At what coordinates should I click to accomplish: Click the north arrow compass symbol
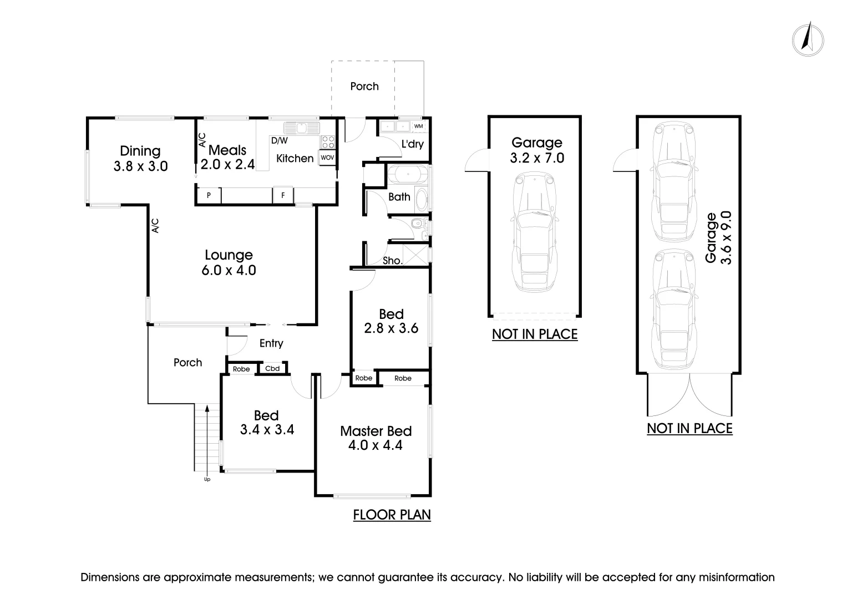[x=808, y=39]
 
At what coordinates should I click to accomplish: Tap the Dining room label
[x=140, y=151]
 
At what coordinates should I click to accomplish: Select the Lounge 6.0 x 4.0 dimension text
[x=229, y=271]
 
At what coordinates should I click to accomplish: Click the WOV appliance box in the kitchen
[x=327, y=158]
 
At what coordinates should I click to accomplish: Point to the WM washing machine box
[x=418, y=126]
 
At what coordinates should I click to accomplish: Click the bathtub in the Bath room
[x=408, y=174]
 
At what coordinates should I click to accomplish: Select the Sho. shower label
[x=393, y=260]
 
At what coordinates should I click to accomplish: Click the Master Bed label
[x=376, y=431]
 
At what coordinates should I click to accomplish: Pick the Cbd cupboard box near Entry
[x=272, y=369]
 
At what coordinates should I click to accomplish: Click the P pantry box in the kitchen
[x=209, y=195]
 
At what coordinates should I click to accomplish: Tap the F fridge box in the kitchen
[x=283, y=195]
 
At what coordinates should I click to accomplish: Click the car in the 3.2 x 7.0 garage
[x=534, y=233]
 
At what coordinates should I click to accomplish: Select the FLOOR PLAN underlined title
[x=392, y=515]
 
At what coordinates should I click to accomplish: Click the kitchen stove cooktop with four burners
[x=328, y=141]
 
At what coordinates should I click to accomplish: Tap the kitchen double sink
[x=302, y=128]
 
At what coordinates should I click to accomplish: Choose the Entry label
[x=271, y=343]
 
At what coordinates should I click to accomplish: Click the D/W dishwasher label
[x=279, y=141]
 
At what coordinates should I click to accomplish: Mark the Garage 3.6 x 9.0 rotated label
[x=718, y=237]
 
